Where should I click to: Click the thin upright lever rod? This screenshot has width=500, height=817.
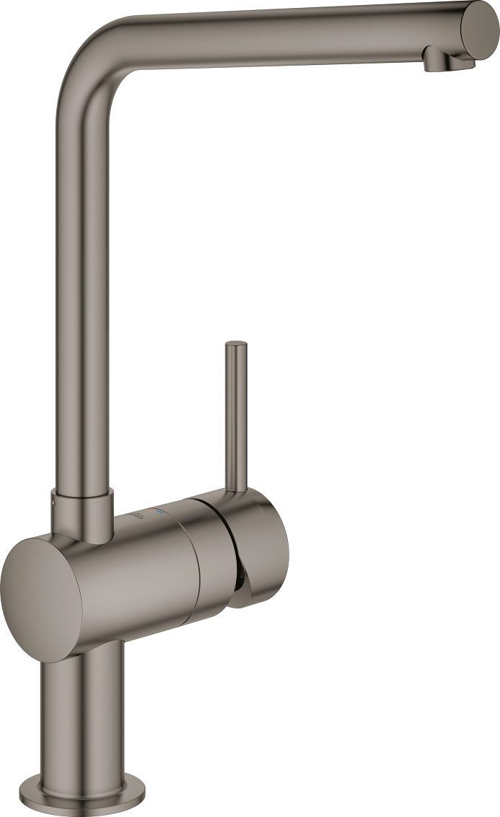[x=236, y=419]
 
